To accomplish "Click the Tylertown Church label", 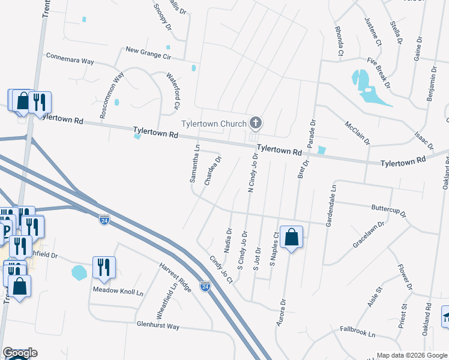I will tap(214, 124).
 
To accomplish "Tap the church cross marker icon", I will tap(256, 124).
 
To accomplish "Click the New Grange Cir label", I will tap(148, 52).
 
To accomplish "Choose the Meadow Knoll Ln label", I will tap(118, 292).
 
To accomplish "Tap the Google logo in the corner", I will tap(20, 353).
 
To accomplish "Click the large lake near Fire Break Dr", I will tap(367, 88).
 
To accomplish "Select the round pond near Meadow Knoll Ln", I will tap(79, 272).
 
